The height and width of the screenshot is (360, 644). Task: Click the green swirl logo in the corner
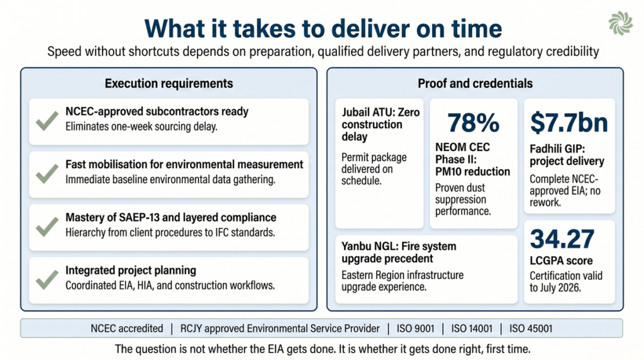pyautogui.click(x=621, y=23)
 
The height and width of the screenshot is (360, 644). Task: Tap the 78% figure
pyautogui.click(x=473, y=123)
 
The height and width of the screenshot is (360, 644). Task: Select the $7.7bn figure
pyautogui.click(x=569, y=123)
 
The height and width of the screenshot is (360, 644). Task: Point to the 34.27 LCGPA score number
pyautogui.click(x=562, y=239)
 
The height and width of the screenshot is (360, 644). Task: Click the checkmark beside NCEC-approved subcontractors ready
pyautogui.click(x=47, y=120)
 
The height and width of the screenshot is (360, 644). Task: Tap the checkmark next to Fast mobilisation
pyautogui.click(x=47, y=174)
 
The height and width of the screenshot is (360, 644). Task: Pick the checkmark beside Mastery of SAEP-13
pyautogui.click(x=47, y=227)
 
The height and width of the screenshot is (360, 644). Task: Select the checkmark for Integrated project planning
pyautogui.click(x=47, y=279)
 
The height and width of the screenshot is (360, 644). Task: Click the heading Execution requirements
pyautogui.click(x=169, y=84)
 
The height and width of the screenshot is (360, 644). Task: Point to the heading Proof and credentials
pyautogui.click(x=475, y=84)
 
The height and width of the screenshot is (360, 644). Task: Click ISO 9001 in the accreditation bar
pyautogui.click(x=415, y=329)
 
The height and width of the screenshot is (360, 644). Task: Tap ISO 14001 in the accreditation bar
pyautogui.click(x=472, y=329)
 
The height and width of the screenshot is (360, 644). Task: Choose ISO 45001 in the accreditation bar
pyautogui.click(x=531, y=329)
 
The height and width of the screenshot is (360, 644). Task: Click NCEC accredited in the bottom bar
pyautogui.click(x=127, y=329)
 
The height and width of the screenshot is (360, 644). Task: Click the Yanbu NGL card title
pyautogui.click(x=399, y=252)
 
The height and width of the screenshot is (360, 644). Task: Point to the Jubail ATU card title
pyautogui.click(x=380, y=124)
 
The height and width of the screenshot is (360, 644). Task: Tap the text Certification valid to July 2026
pyautogui.click(x=566, y=281)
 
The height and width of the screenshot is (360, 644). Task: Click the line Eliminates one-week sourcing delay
pyautogui.click(x=142, y=127)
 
